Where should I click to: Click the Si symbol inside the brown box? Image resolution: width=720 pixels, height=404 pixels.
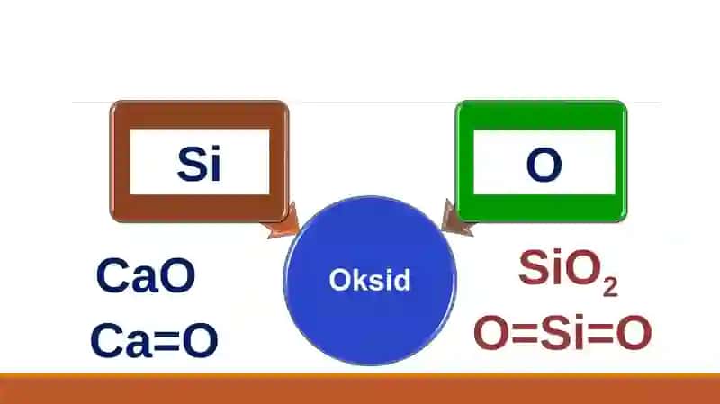pos(199,164)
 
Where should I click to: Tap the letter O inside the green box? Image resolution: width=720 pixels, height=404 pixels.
pos(544,165)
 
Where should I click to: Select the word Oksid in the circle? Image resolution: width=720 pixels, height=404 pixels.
pos(370,280)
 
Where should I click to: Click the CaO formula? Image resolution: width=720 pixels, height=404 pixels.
pos(146,275)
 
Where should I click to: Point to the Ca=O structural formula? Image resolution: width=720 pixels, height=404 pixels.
pos(154,340)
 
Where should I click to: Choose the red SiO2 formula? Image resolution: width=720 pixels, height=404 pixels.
pos(569,273)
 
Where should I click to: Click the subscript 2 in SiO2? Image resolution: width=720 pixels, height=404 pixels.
pos(610,287)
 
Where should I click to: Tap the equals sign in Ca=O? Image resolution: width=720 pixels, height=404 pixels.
pos(166,341)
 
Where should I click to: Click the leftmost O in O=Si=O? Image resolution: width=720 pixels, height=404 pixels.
pos(491,332)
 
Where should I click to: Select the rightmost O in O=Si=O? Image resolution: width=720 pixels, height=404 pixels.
pos(634,332)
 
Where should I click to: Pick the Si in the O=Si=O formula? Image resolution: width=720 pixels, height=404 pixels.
pos(562,332)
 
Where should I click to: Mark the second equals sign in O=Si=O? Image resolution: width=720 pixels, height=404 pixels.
pos(600,333)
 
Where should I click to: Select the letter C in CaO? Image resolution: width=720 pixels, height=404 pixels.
pos(113,275)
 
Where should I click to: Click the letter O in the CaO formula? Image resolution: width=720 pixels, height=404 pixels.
pos(178,275)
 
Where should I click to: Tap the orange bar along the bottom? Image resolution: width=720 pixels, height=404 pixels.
pos(360,389)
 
